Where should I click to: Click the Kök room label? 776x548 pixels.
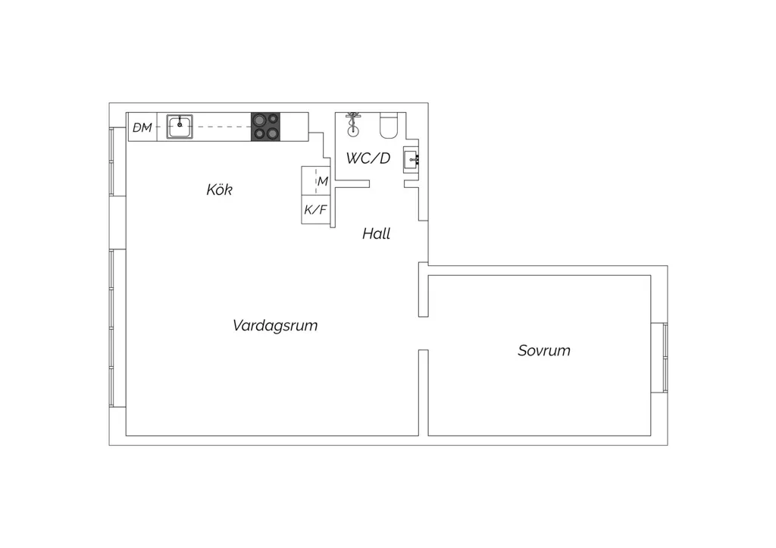pyautogui.click(x=219, y=189)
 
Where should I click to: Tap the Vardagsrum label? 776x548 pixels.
pyautogui.click(x=275, y=325)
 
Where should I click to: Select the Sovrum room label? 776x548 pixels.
pyautogui.click(x=544, y=350)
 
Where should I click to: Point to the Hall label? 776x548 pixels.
pyautogui.click(x=376, y=233)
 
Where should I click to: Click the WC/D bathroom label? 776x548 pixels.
pyautogui.click(x=368, y=158)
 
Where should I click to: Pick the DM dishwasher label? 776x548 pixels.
pyautogui.click(x=142, y=128)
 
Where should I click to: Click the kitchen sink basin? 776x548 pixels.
pyautogui.click(x=179, y=127)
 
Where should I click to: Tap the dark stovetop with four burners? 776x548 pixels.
pyautogui.click(x=266, y=127)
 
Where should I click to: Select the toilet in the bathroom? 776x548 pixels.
pyautogui.click(x=389, y=126)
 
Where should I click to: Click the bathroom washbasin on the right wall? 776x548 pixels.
pyautogui.click(x=411, y=159)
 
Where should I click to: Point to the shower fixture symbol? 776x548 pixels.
pyautogui.click(x=352, y=124)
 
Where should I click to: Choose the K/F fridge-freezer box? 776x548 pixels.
pyautogui.click(x=316, y=210)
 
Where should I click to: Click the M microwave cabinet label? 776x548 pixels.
pyautogui.click(x=323, y=181)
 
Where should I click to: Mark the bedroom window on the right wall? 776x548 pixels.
pyautogui.click(x=659, y=358)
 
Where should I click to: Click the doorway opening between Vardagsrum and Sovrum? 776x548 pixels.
pyautogui.click(x=423, y=333)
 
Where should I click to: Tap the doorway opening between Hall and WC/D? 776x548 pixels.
pyautogui.click(x=386, y=184)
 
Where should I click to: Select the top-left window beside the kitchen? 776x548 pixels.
pyautogui.click(x=117, y=161)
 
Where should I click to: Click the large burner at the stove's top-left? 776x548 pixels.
pyautogui.click(x=259, y=120)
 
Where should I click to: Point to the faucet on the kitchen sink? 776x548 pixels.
pyautogui.click(x=180, y=122)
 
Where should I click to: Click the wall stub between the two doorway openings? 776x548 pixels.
pyautogui.click(x=423, y=290)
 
